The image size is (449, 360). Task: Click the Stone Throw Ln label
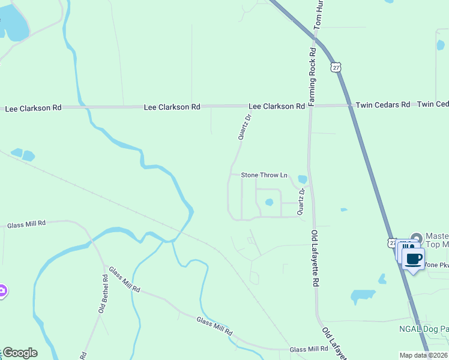[264, 175]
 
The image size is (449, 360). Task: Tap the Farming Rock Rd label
[312, 77]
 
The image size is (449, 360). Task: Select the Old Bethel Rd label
[103, 293]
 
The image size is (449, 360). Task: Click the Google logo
[20, 353]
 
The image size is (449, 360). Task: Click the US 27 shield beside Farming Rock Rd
[336, 67]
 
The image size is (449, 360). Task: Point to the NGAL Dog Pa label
[423, 329]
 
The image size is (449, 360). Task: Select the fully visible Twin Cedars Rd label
[382, 104]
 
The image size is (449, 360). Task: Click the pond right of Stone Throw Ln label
[302, 179]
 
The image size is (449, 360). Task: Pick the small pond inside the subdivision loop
[270, 202]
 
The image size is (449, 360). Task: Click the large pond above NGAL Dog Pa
[362, 296]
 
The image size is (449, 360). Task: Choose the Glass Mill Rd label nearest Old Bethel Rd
[124, 280]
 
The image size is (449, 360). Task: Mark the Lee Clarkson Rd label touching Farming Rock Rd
[276, 106]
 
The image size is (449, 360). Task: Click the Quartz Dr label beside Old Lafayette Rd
[302, 201]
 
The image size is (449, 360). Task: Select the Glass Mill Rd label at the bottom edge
[309, 349]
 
